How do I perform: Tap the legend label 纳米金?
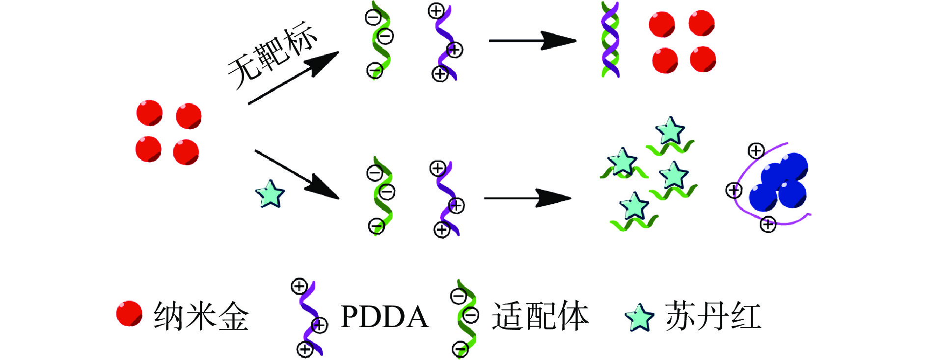(201, 316)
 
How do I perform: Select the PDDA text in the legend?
(384, 316)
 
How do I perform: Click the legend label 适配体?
(540, 316)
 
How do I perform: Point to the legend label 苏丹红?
(713, 316)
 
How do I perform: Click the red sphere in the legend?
(129, 314)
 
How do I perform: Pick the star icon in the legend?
(639, 317)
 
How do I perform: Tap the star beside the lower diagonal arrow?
(270, 194)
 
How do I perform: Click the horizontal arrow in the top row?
(532, 41)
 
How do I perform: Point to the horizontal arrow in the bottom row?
(528, 198)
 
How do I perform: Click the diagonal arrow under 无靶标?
(293, 78)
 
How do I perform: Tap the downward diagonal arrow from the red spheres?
(297, 174)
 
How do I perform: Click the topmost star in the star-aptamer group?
(670, 131)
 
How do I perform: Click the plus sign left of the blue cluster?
(734, 190)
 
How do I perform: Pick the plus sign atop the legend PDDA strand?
(299, 286)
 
